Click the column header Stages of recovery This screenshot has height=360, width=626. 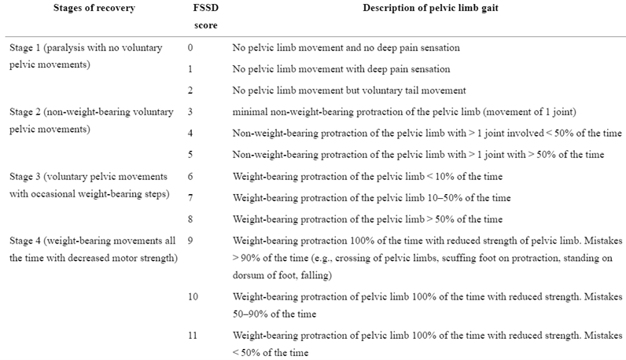(94, 8)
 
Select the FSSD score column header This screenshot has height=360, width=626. (205, 17)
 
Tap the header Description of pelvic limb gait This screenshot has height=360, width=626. (430, 8)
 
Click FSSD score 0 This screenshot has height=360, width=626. (190, 47)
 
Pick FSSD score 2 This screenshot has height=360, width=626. (190, 90)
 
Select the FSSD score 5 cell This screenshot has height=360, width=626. (190, 155)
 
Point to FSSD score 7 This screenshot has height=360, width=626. (190, 197)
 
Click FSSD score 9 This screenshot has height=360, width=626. (190, 241)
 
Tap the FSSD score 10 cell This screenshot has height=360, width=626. (193, 296)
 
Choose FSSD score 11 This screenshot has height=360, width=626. (193, 336)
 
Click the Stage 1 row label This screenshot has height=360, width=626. (86, 56)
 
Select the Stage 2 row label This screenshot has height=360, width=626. (91, 120)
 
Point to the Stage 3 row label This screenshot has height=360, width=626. (90, 186)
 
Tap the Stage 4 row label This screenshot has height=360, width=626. (94, 249)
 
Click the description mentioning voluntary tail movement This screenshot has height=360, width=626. (349, 90)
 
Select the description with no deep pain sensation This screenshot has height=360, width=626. (346, 47)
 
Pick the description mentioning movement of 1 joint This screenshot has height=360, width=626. (404, 112)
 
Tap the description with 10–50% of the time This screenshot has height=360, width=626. (371, 197)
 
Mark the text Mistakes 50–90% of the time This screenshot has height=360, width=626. (428, 305)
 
